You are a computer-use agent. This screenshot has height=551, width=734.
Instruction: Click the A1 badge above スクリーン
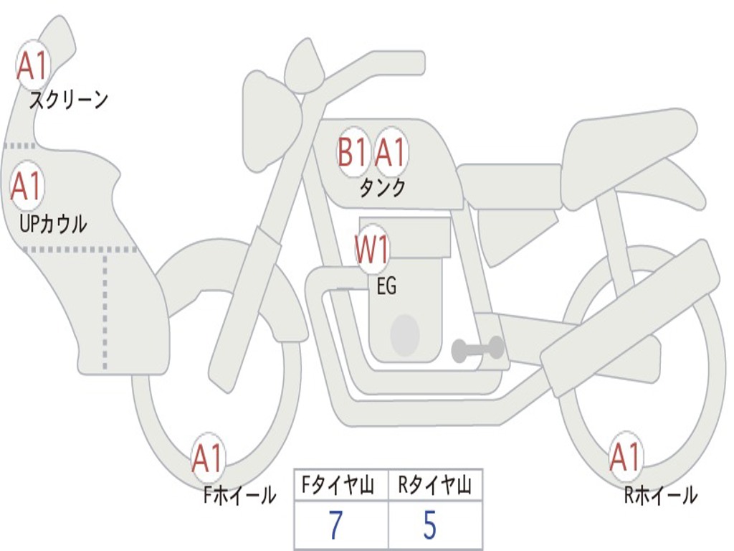click(32, 65)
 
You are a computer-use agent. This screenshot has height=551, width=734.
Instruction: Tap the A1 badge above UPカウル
click(27, 187)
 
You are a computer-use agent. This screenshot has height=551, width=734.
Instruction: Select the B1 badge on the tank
click(353, 152)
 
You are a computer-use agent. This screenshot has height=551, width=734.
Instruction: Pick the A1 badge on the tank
click(391, 152)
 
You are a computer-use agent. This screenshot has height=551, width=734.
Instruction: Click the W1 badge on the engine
click(373, 251)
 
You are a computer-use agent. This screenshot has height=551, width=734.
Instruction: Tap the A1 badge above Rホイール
click(625, 458)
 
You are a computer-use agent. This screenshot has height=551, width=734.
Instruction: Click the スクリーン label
click(69, 100)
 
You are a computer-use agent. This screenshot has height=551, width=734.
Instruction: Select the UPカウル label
click(53, 224)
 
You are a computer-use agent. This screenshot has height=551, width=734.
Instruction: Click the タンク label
click(382, 188)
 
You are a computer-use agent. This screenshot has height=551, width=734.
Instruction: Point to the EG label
click(386, 287)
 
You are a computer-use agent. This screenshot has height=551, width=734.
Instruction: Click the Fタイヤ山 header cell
click(341, 486)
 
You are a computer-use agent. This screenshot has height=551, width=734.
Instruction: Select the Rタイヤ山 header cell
click(435, 486)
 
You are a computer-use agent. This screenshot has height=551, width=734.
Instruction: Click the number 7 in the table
click(335, 526)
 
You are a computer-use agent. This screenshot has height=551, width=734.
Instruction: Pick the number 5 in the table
click(429, 526)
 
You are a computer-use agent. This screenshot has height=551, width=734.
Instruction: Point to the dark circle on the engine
click(404, 334)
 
